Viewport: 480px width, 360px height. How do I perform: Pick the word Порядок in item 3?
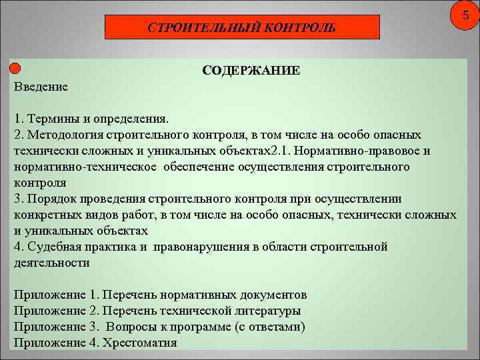(x=51, y=198)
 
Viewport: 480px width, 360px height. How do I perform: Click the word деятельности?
(x=51, y=263)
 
